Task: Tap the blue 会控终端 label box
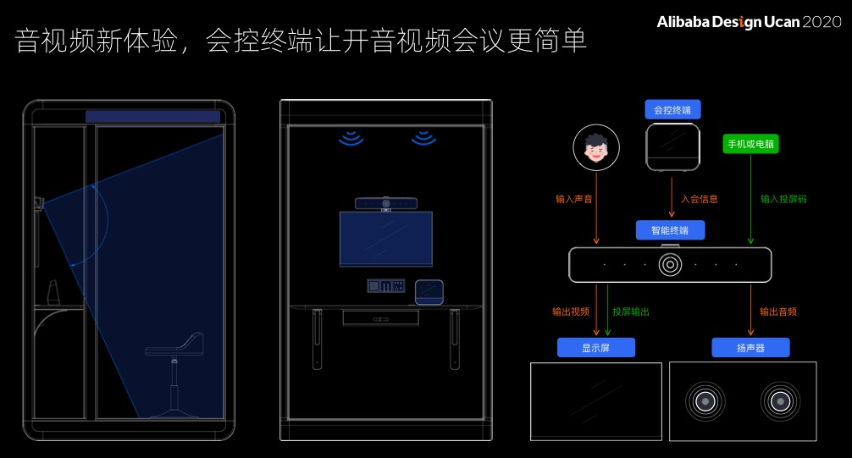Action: [x=672, y=110]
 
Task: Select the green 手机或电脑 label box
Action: [x=750, y=144]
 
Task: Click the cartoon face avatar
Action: [x=596, y=147]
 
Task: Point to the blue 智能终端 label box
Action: [x=670, y=229]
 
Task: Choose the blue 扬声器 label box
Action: [x=750, y=348]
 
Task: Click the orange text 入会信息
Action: [x=700, y=200]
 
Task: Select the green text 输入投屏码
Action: [x=783, y=200]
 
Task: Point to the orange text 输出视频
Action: [x=571, y=312]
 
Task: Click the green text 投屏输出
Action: [x=631, y=312]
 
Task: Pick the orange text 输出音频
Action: [x=777, y=312]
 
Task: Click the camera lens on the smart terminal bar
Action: [x=670, y=264]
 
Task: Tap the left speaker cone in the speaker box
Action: [x=705, y=400]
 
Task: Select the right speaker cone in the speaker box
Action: [x=780, y=400]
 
